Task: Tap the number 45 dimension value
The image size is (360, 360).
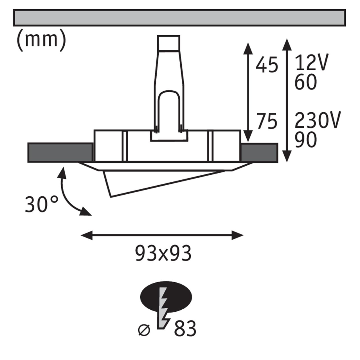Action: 267,65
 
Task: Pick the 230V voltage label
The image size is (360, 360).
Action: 318,120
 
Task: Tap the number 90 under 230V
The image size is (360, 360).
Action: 306,140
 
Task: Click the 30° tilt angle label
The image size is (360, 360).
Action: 42,204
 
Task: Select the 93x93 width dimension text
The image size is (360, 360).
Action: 163,253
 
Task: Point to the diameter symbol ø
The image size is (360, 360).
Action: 145,330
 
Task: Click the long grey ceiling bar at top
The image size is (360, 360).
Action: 179,18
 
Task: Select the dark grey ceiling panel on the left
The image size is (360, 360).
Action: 60,152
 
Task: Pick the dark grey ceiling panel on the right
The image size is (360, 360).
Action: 259,152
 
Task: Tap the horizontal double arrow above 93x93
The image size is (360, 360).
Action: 162,235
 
